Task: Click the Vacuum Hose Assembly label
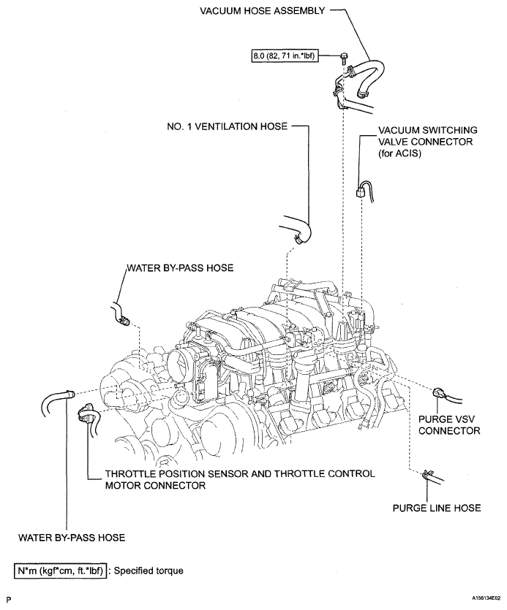pos(262,10)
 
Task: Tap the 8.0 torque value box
pos(284,56)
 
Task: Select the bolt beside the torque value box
pos(343,58)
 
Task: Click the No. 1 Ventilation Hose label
pos(228,126)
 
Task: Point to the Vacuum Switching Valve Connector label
pos(427,142)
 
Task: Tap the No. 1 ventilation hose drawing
pos(298,229)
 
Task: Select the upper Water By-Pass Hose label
pos(180,267)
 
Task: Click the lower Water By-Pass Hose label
pos(72,538)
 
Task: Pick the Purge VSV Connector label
pos(449,425)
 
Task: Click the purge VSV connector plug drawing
pos(437,393)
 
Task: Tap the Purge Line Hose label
pos(437,508)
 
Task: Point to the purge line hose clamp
pos(427,474)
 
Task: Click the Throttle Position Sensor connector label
pos(240,479)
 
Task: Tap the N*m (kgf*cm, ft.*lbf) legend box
pos(61,571)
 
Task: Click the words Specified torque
pos(149,571)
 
